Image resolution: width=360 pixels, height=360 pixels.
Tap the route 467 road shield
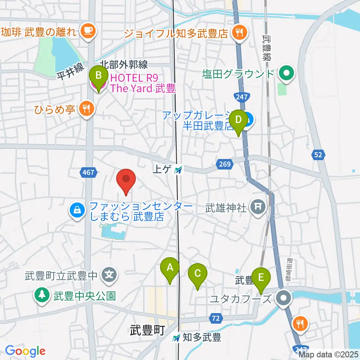pos(89,172)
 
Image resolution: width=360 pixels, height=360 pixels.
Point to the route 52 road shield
pos(319,154)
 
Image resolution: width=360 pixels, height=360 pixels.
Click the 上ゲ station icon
pos(178,170)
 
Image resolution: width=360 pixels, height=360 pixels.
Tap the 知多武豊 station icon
pos(176,337)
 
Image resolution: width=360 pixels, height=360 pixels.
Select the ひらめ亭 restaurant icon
pos(87,109)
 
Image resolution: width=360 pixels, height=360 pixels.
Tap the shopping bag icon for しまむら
pos(77,210)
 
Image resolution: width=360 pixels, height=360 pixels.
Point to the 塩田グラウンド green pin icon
pos(287,73)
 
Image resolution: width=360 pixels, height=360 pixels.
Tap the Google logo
pos(25,351)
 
